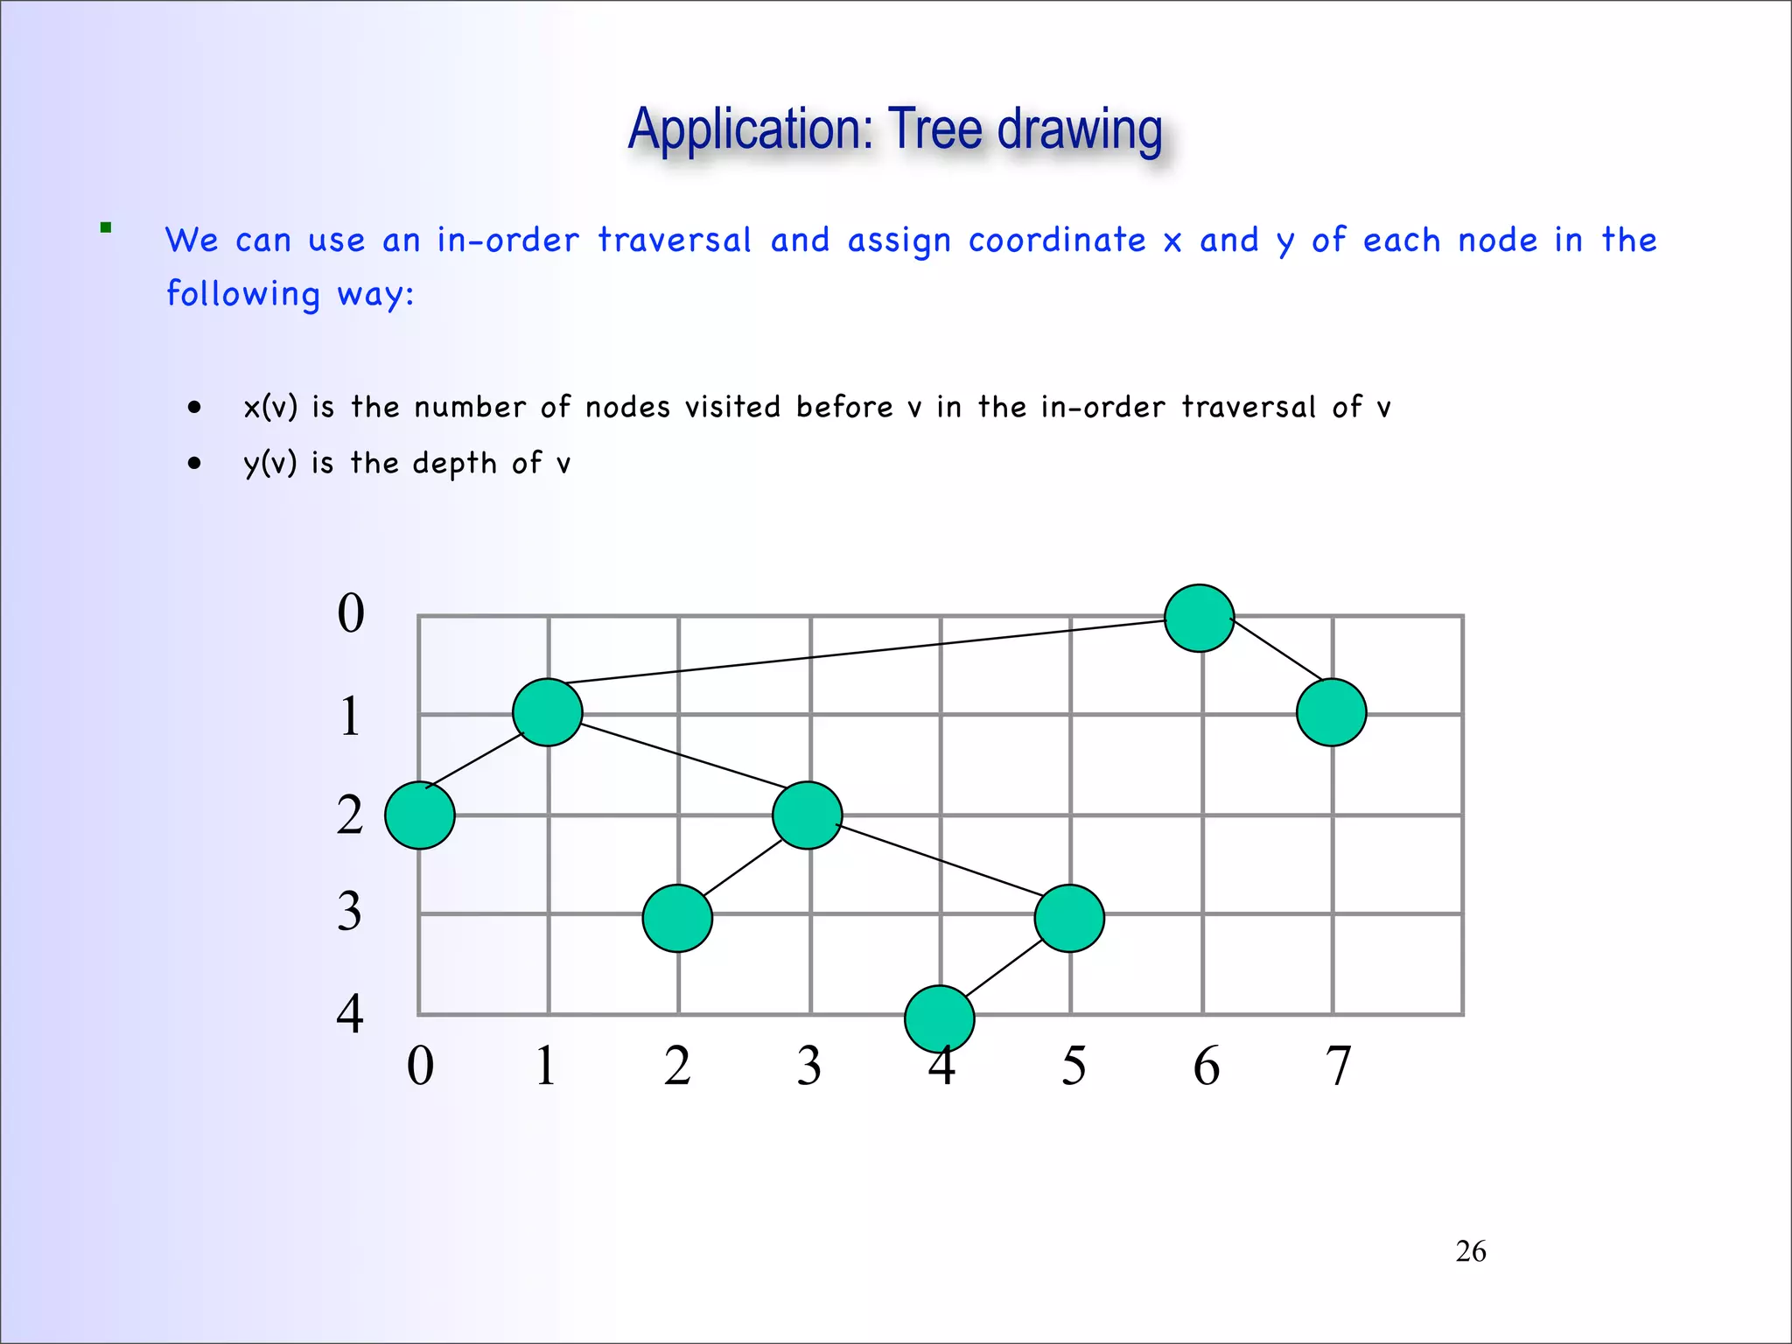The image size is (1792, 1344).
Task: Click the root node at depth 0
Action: (x=1199, y=618)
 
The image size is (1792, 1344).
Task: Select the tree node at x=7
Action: (x=1331, y=712)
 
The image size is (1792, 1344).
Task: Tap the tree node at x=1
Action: (x=548, y=712)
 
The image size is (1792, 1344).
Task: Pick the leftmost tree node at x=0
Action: (x=420, y=815)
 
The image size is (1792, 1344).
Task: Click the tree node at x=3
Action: (x=807, y=815)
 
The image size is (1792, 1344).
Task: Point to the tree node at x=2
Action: (x=677, y=918)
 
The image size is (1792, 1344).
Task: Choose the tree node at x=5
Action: (x=1068, y=918)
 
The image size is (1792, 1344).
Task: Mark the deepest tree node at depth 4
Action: (x=939, y=1018)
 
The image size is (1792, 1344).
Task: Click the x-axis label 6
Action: (x=1206, y=1066)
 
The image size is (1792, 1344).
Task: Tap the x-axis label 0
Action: (x=420, y=1066)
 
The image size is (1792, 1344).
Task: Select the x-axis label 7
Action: (x=1338, y=1066)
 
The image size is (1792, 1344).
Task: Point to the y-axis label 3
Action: (x=349, y=912)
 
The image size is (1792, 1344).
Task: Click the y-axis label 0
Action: (x=351, y=612)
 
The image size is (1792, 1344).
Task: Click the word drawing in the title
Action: (x=1080, y=129)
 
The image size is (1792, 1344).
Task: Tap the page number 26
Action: (x=1470, y=1251)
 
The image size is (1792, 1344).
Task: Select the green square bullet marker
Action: (x=106, y=228)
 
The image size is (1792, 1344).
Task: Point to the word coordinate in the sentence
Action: (x=1057, y=240)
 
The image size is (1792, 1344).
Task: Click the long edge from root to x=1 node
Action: (x=866, y=651)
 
